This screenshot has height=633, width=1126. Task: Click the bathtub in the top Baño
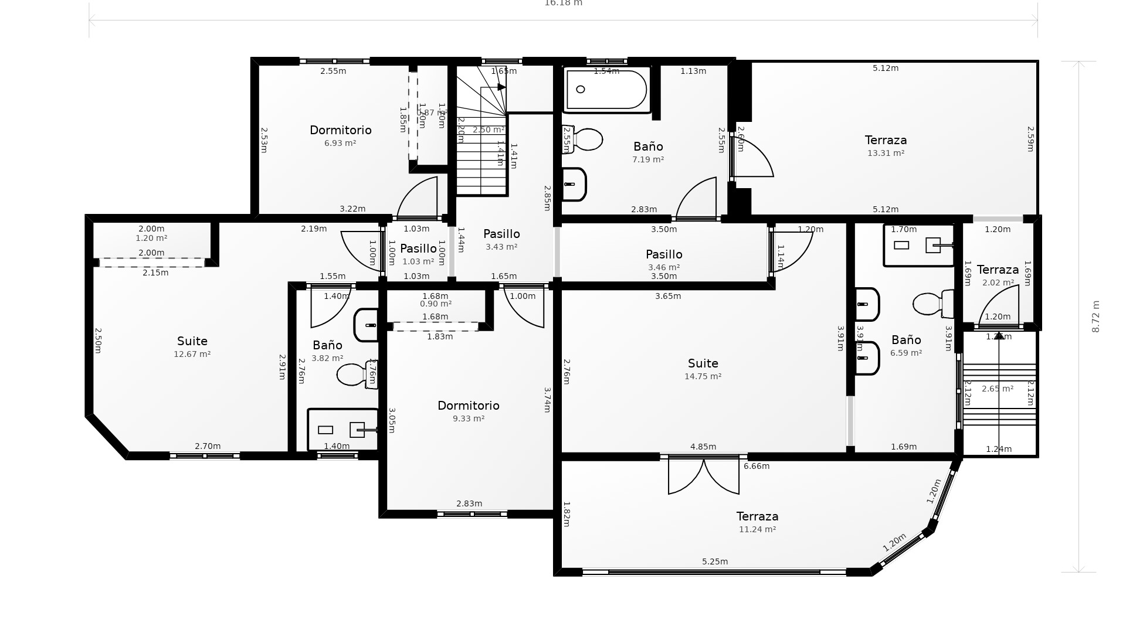(x=607, y=90)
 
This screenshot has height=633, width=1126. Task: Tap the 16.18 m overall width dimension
(x=563, y=4)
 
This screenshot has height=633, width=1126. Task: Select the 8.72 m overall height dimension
(x=1096, y=316)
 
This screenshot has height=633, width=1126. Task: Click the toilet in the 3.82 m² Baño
(x=355, y=375)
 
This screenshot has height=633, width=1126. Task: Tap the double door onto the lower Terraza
(x=704, y=476)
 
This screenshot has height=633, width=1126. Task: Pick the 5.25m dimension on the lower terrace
(x=715, y=561)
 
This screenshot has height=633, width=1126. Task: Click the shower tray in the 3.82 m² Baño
(x=343, y=429)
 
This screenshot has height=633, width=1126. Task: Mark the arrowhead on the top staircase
(x=501, y=87)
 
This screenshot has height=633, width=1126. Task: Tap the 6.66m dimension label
(x=757, y=467)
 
